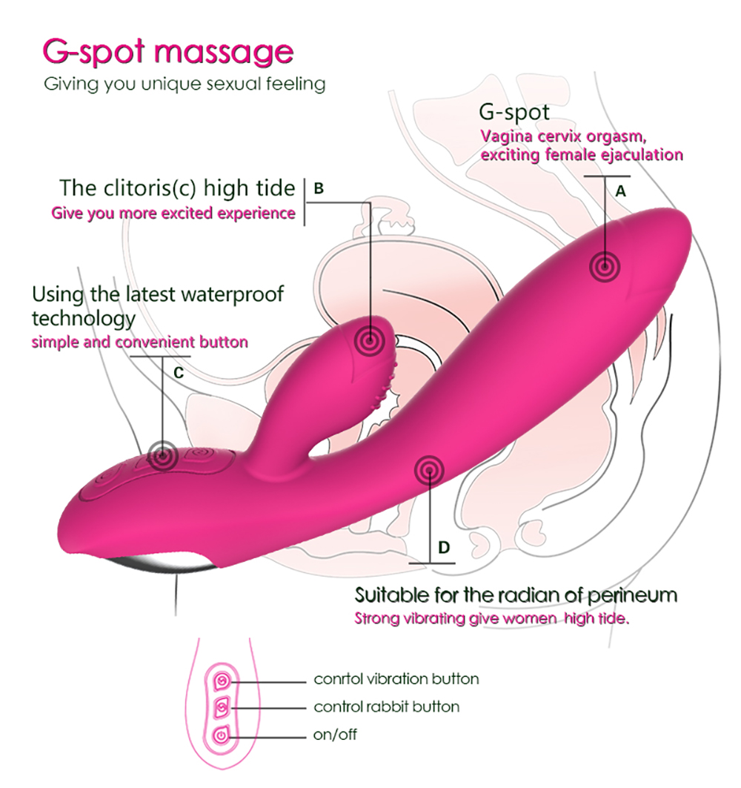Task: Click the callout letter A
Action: pos(621,191)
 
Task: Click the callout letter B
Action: pos(319,188)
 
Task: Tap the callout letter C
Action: pos(179,373)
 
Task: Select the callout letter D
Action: pos(444,547)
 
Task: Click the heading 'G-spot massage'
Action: pos(167,53)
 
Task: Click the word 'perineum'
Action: pos(632,596)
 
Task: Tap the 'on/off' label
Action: pos(335,735)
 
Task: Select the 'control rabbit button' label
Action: pos(386,706)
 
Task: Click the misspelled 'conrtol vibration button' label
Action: pos(396,679)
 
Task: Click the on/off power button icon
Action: pos(222,736)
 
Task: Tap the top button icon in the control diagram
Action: pos(222,681)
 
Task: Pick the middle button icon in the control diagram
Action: pos(222,709)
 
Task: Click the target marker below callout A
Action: pos(605,267)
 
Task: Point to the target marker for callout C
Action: pos(162,457)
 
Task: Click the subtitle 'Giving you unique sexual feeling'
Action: pos(185,84)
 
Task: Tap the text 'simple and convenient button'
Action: pos(139,342)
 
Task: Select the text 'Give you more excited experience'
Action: pos(173,213)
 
